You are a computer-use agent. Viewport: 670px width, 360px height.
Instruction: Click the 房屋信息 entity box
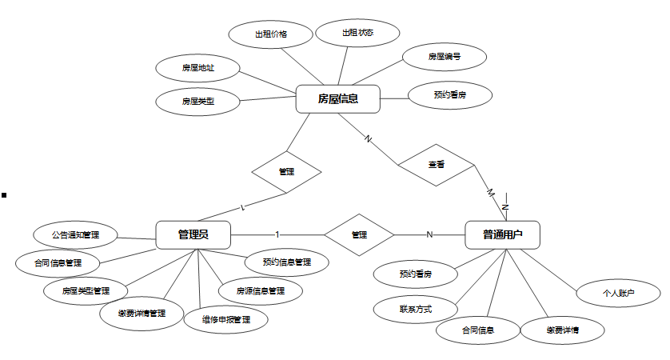coord(337,99)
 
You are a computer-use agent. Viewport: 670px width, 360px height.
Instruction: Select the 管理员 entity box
coord(193,234)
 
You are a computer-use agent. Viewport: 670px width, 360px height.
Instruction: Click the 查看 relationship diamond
coord(436,165)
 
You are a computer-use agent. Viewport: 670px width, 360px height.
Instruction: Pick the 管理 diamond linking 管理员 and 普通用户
coord(359,234)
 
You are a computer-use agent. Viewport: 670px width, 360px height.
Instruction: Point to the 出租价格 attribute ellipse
coord(270,34)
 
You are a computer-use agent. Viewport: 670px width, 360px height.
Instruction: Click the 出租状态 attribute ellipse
coord(357,33)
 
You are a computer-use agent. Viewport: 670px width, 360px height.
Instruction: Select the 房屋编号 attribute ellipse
coord(443,57)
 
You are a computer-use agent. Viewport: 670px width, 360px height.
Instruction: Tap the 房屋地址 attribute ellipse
coord(197,68)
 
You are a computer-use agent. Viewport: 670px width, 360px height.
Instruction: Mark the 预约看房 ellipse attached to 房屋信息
coord(449,94)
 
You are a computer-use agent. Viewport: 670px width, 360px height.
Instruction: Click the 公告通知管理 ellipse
coord(74,235)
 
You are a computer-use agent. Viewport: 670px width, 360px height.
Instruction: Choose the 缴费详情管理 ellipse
coord(141,313)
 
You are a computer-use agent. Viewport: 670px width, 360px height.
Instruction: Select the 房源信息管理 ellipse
coord(261,291)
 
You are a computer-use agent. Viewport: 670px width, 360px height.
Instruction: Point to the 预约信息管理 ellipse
coord(286,262)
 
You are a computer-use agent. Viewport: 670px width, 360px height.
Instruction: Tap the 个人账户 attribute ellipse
coord(618,294)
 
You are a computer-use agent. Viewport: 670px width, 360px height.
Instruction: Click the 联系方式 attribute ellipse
coord(415,308)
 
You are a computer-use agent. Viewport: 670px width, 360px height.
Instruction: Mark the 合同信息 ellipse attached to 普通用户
coord(477,330)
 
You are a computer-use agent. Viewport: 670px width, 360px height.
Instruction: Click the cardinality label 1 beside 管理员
coord(277,234)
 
